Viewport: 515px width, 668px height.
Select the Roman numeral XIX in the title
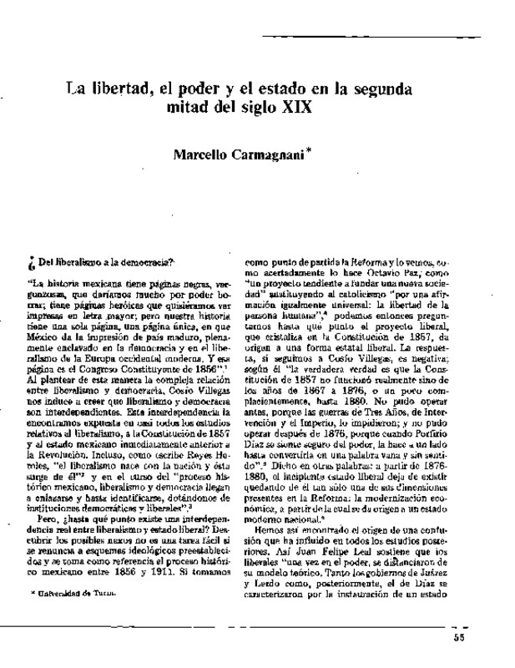pos(304,109)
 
